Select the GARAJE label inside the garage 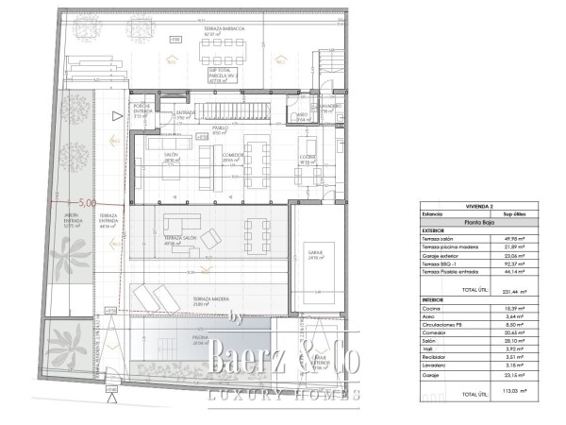click(x=316, y=253)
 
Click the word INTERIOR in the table click(x=435, y=299)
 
